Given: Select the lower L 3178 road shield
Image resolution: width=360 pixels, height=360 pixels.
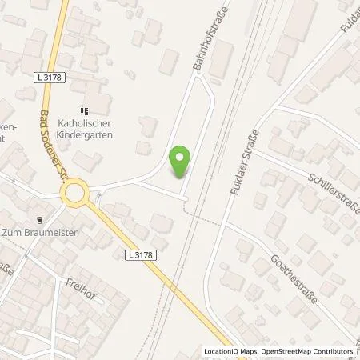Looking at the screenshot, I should point(138,254).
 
